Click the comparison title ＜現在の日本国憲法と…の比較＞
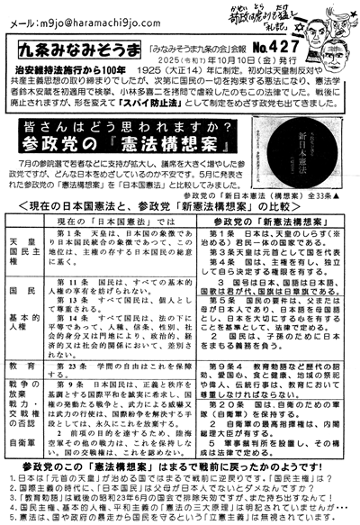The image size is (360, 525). tap(180, 232)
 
